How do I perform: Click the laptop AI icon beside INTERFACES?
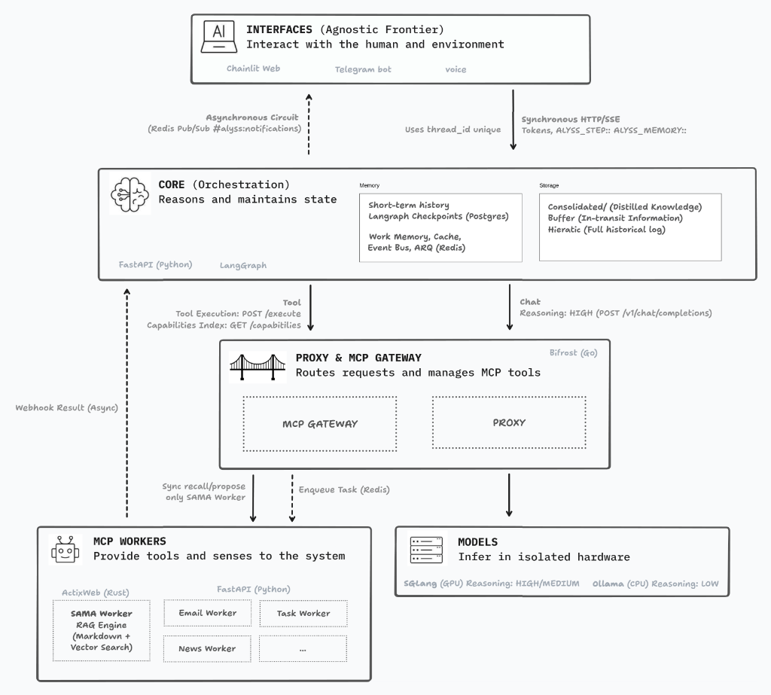(x=218, y=37)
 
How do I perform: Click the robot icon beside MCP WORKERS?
(x=65, y=550)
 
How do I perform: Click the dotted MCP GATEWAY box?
(x=320, y=423)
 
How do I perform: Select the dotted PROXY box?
(x=509, y=422)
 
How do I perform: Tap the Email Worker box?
(x=207, y=613)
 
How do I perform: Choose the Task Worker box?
(x=303, y=613)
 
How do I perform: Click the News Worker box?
(x=207, y=648)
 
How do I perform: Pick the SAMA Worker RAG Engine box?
(x=101, y=630)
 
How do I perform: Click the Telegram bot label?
(x=363, y=69)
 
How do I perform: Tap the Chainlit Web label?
(x=253, y=68)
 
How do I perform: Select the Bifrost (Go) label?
(x=573, y=352)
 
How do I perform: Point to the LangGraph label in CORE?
(x=242, y=265)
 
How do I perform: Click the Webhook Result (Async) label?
(x=66, y=407)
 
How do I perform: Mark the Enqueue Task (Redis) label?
(x=344, y=489)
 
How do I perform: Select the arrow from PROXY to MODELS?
(x=509, y=495)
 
